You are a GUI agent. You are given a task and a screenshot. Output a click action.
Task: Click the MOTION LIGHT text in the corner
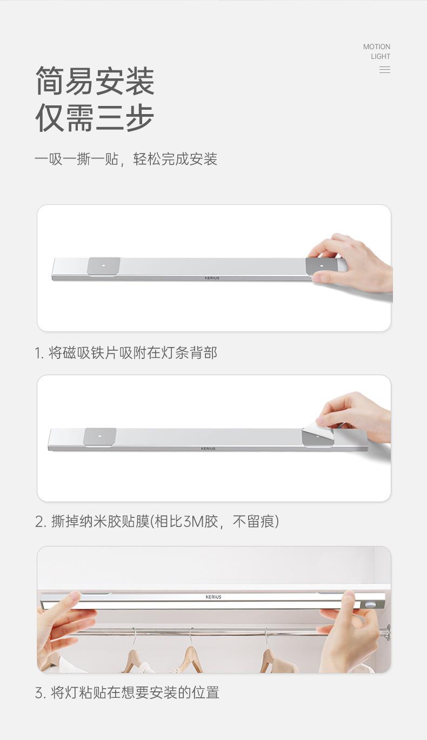point(377,51)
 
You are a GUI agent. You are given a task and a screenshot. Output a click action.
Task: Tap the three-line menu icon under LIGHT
point(385,70)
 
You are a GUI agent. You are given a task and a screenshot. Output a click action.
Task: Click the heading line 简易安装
point(95,81)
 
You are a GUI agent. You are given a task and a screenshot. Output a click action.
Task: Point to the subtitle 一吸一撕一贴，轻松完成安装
point(126,159)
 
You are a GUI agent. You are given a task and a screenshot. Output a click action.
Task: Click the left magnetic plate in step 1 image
point(104,266)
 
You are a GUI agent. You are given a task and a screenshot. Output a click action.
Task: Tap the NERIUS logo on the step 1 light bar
point(212,278)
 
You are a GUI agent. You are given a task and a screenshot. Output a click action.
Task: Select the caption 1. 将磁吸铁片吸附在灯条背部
point(126,354)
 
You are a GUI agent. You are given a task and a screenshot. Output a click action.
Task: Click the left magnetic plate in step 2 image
point(100,437)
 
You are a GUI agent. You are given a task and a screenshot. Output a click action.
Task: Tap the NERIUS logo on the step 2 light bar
point(208,449)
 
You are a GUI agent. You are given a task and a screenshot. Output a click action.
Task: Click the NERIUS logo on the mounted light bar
point(213,597)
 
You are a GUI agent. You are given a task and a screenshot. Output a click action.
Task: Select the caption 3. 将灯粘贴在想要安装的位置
point(127,692)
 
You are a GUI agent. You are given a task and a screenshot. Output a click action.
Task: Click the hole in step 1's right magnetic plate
point(321,266)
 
